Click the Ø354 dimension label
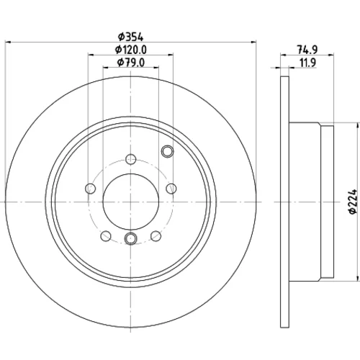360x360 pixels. click(130, 37)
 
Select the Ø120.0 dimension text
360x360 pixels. click(131, 50)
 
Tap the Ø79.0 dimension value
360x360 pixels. click(131, 63)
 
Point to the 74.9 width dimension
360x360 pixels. click(307, 50)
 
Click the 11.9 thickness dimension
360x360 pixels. click(308, 63)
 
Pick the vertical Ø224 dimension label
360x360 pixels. click(354, 202)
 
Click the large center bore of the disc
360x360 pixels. click(131, 202)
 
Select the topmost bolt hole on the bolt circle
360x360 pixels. click(131, 159)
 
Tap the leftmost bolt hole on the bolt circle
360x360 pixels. click(90, 189)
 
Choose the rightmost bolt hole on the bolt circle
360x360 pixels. click(171, 189)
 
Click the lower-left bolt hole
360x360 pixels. click(106, 236)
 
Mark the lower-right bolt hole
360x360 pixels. click(156, 236)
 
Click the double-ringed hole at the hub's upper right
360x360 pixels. click(167, 151)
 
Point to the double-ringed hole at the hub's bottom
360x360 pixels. click(131, 238)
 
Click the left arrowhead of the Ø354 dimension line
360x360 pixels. click(8, 42)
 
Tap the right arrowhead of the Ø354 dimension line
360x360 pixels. click(253, 42)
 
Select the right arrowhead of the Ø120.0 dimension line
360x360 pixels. click(171, 55)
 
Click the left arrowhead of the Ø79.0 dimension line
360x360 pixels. click(106, 68)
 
